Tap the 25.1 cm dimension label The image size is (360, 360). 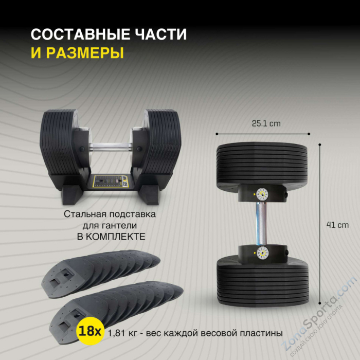click(265, 123)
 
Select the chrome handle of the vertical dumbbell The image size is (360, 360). click(261, 223)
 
